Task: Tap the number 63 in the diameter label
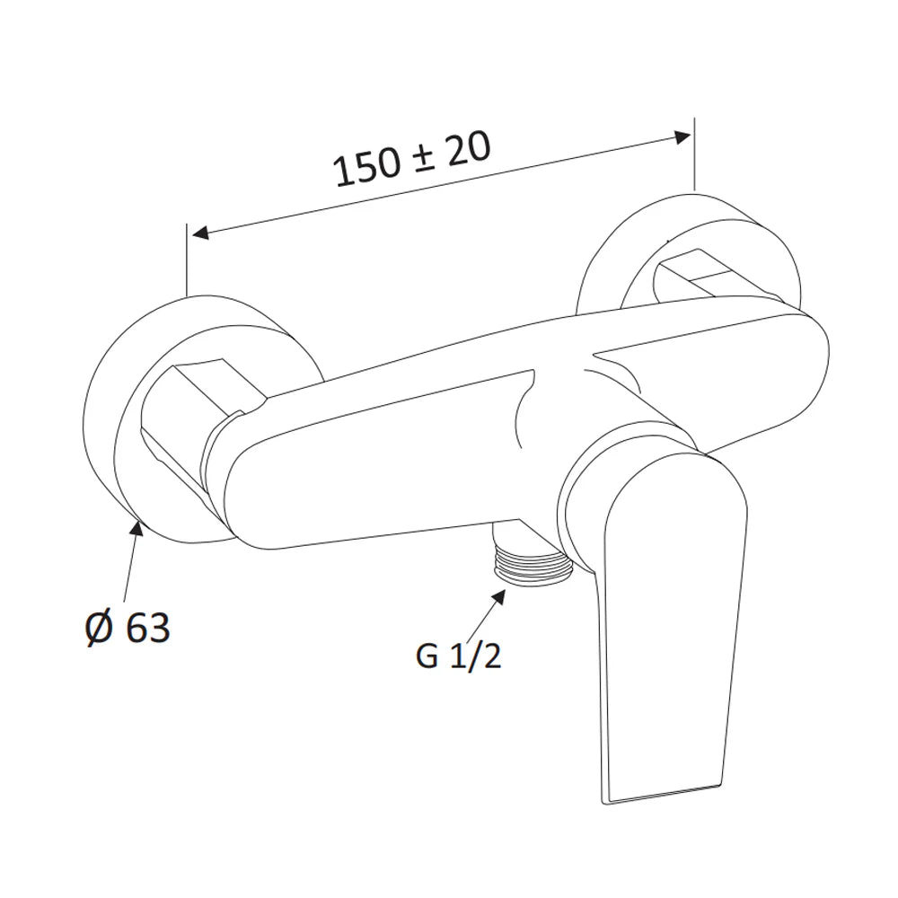pyautogui.click(x=147, y=628)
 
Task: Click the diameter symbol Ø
pyautogui.click(x=97, y=628)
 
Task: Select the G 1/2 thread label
pyautogui.click(x=457, y=657)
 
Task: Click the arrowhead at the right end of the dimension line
pyautogui.click(x=682, y=137)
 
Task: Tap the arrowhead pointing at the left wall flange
pyautogui.click(x=136, y=528)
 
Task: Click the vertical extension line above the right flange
pyautogui.click(x=694, y=153)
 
